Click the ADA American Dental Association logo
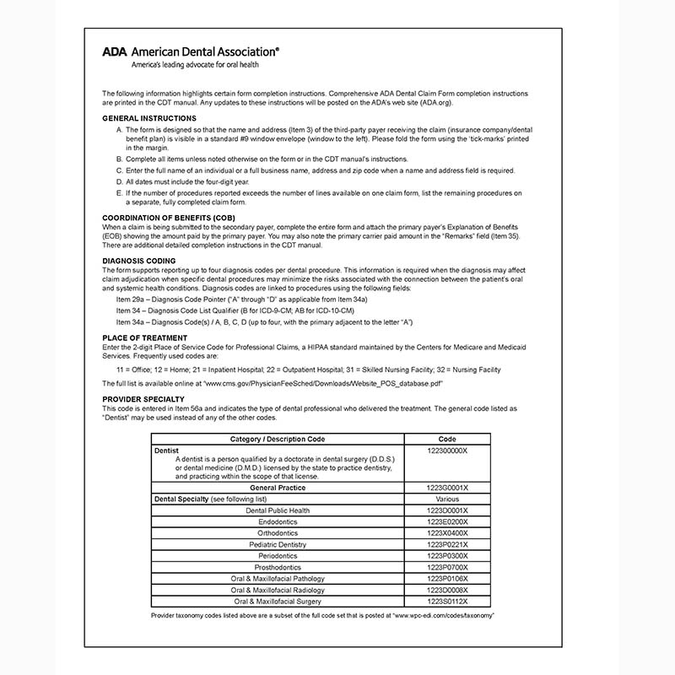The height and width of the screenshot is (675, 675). pyautogui.click(x=191, y=51)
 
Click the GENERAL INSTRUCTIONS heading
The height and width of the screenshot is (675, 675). pyautogui.click(x=149, y=117)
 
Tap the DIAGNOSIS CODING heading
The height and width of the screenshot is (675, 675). pyautogui.click(x=139, y=261)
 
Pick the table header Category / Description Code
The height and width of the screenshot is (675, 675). pyautogui.click(x=278, y=439)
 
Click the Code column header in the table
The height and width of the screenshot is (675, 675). pyautogui.click(x=447, y=439)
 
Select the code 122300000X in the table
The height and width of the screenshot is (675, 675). pyautogui.click(x=447, y=451)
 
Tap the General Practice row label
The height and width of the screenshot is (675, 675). pyautogui.click(x=278, y=488)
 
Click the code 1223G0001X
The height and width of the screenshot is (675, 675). pyautogui.click(x=447, y=488)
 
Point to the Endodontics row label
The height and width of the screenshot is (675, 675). pyautogui.click(x=278, y=521)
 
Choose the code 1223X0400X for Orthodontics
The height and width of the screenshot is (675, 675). pyautogui.click(x=447, y=533)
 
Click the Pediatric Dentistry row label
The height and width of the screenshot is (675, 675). pyautogui.click(x=278, y=544)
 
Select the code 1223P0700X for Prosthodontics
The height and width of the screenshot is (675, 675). pyautogui.click(x=447, y=567)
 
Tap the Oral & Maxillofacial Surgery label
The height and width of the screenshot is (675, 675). pyautogui.click(x=278, y=601)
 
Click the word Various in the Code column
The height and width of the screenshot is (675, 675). pyautogui.click(x=447, y=499)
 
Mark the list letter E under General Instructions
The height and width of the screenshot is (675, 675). pyautogui.click(x=119, y=193)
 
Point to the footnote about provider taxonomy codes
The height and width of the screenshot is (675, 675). pyautogui.click(x=322, y=616)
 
